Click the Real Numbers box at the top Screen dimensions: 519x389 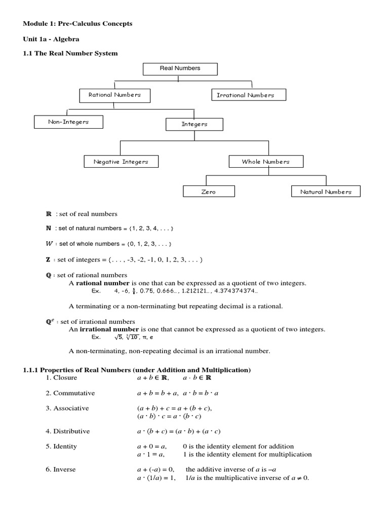(x=180, y=68)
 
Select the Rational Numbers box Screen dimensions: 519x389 (x=114, y=95)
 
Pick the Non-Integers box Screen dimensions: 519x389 (x=68, y=122)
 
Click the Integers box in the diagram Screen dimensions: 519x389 (x=194, y=124)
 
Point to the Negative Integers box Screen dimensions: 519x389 (x=121, y=162)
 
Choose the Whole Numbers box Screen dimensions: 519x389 (x=265, y=162)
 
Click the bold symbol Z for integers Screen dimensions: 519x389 (x=48, y=259)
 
